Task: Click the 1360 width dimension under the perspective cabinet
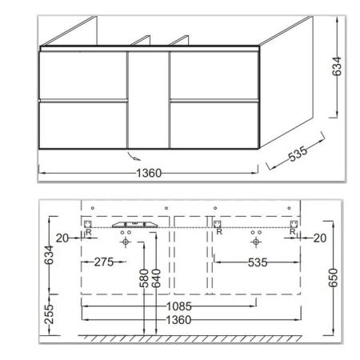coord(150,172)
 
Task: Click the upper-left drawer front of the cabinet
coord(83,75)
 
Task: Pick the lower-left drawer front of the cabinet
coord(83,124)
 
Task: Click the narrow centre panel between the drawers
coord(148,100)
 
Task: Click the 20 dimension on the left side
coord(62,238)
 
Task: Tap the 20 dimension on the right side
coord(318,238)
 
